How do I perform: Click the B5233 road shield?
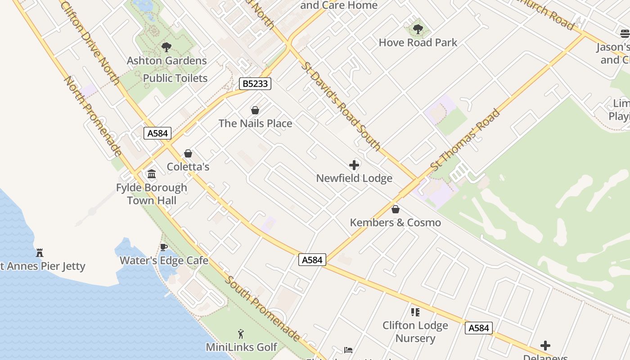(255, 83)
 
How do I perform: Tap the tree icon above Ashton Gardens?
(166, 47)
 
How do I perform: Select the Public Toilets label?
(175, 78)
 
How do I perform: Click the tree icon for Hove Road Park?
(418, 30)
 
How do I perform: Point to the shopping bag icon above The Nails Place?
(255, 110)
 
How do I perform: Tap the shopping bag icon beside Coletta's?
(188, 154)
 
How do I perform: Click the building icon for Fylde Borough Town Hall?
(152, 174)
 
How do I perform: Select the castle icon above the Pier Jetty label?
(40, 253)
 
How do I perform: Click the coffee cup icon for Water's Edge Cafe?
(164, 247)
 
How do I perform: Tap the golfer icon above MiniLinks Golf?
(241, 334)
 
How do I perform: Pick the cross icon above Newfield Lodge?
(354, 165)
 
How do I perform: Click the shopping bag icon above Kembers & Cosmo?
(396, 209)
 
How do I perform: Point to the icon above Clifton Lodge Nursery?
(415, 312)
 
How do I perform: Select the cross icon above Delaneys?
(545, 346)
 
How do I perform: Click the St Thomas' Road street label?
(465, 139)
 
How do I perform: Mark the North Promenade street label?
(93, 116)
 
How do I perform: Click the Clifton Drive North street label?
(90, 43)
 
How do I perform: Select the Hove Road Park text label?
(418, 43)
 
